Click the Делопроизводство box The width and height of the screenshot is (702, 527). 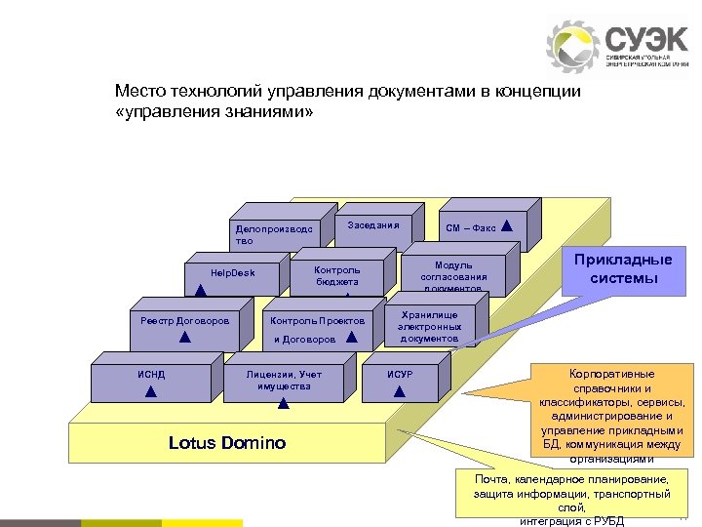pyautogui.click(x=274, y=235)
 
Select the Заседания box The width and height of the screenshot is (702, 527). pyautogui.click(x=372, y=226)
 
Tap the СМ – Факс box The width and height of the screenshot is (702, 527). pyautogui.click(x=479, y=227)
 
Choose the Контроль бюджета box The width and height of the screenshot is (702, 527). pyautogui.click(x=337, y=276)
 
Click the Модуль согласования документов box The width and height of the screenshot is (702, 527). pyautogui.click(x=452, y=276)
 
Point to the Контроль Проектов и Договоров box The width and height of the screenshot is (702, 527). pyautogui.click(x=317, y=330)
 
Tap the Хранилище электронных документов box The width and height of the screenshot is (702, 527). pyautogui.click(x=428, y=326)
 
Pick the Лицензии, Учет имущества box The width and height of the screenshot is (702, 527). pyautogui.click(x=283, y=382)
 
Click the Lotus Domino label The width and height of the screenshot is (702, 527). pyautogui.click(x=227, y=443)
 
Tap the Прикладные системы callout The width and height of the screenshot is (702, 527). pyautogui.click(x=624, y=269)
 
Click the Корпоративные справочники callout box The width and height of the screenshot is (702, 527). pyautogui.click(x=611, y=412)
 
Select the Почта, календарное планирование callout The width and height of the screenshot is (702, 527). pyautogui.click(x=571, y=498)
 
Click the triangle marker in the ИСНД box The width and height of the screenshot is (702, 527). pyautogui.click(x=150, y=391)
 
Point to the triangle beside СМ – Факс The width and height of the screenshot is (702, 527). pyautogui.click(x=507, y=225)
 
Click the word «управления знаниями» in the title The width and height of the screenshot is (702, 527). pyautogui.click(x=214, y=112)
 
